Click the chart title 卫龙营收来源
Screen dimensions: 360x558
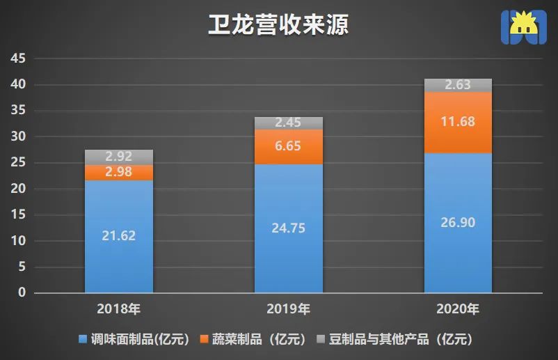tap(278, 25)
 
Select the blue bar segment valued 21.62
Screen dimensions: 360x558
tap(119, 236)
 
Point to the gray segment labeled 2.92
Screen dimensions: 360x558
tap(119, 157)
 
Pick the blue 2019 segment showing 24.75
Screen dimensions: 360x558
tap(288, 228)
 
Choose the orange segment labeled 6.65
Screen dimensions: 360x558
tap(288, 146)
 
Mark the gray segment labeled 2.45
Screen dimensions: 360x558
tap(288, 123)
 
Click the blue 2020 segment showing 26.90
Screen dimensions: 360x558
tap(458, 222)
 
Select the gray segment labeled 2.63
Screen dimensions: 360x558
tap(458, 86)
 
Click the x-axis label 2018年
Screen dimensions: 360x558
tap(119, 308)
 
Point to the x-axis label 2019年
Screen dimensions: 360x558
tap(288, 308)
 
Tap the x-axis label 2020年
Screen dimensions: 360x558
tap(458, 308)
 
